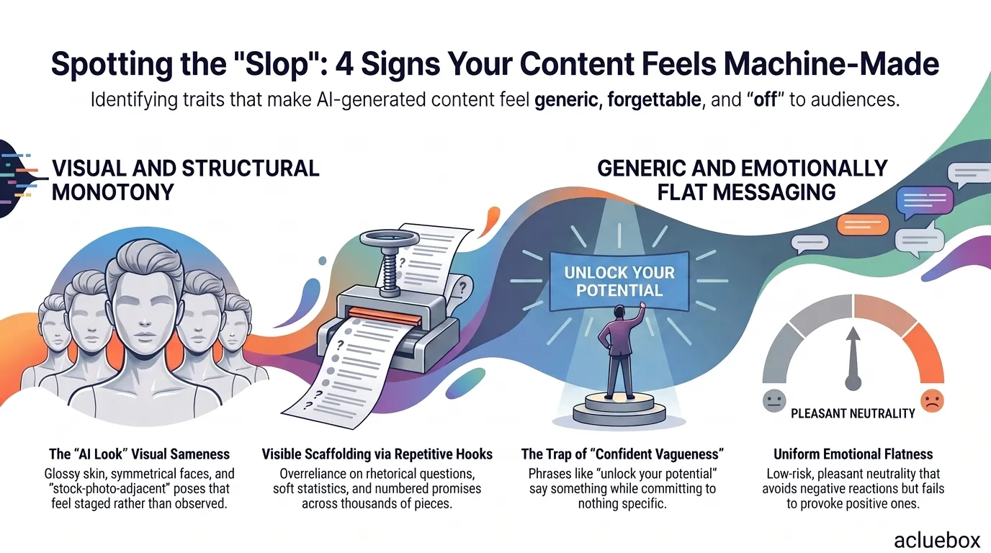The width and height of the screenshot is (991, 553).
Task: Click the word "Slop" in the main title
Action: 277,64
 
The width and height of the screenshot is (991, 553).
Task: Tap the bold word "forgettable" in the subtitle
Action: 655,100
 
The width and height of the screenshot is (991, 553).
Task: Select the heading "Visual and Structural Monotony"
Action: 185,180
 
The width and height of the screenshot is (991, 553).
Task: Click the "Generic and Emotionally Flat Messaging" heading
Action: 743,180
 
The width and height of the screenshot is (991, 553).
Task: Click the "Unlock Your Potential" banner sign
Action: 619,282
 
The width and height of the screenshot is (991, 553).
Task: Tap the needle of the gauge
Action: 853,359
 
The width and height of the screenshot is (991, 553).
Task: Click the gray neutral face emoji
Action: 774,401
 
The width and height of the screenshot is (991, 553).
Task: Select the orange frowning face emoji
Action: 932,401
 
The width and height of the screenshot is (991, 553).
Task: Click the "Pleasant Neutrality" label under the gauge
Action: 853,413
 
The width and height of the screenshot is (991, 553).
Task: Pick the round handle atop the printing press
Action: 390,238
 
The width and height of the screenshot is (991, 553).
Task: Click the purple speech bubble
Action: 925,202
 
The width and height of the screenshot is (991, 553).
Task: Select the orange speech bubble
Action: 863,225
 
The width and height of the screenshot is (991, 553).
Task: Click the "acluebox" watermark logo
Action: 937,540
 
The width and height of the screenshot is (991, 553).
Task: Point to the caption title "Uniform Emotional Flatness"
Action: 853,454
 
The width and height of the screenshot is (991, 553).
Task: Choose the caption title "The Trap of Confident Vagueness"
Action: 622,454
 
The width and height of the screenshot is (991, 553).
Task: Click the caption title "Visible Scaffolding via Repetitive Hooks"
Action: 377,454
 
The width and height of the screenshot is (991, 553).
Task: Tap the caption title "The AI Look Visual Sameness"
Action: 140,454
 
